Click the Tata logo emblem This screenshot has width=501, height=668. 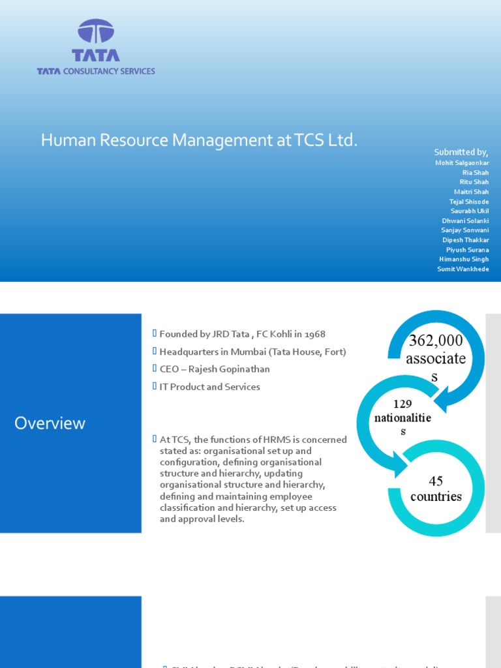click(x=96, y=31)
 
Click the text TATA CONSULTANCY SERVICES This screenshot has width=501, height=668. click(x=96, y=71)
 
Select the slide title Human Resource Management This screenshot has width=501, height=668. click(x=200, y=140)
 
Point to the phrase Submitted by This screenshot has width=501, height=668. click(x=462, y=152)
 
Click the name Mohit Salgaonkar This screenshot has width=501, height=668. click(x=463, y=162)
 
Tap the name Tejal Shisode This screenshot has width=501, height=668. click(x=469, y=202)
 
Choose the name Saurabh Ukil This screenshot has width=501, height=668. click(x=470, y=211)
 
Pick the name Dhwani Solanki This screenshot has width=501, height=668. click(x=465, y=220)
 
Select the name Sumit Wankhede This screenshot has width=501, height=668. click(x=463, y=269)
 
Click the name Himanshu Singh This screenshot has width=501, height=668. click(x=464, y=259)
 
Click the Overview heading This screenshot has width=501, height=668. click(x=50, y=423)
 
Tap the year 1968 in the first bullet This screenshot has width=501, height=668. click(x=313, y=334)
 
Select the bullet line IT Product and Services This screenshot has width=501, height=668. click(x=209, y=387)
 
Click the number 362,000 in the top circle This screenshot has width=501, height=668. click(x=436, y=341)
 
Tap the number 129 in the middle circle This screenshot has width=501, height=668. click(x=402, y=404)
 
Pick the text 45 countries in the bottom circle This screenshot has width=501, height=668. click(x=436, y=489)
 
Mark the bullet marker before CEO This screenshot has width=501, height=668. click(x=155, y=369)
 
